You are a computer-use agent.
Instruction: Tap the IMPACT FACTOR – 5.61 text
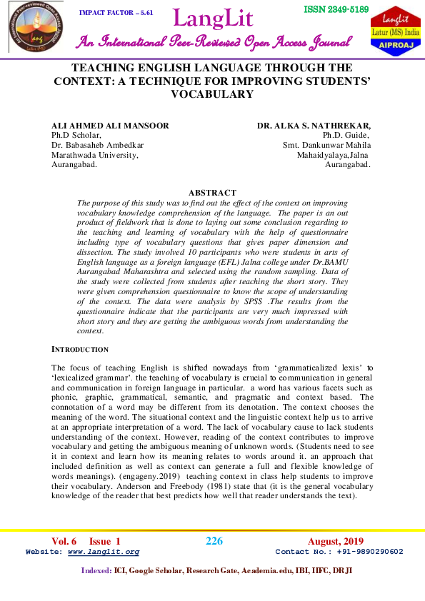click(116, 13)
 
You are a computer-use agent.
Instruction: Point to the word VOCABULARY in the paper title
click(211, 94)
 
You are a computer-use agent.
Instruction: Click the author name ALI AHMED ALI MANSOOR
click(110, 126)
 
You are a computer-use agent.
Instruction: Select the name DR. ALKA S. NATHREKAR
click(314, 126)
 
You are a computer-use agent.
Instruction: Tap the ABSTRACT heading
click(211, 193)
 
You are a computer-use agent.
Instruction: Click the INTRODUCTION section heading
click(81, 349)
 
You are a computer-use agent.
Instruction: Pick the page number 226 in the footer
click(214, 541)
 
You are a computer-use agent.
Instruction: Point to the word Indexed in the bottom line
click(96, 570)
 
